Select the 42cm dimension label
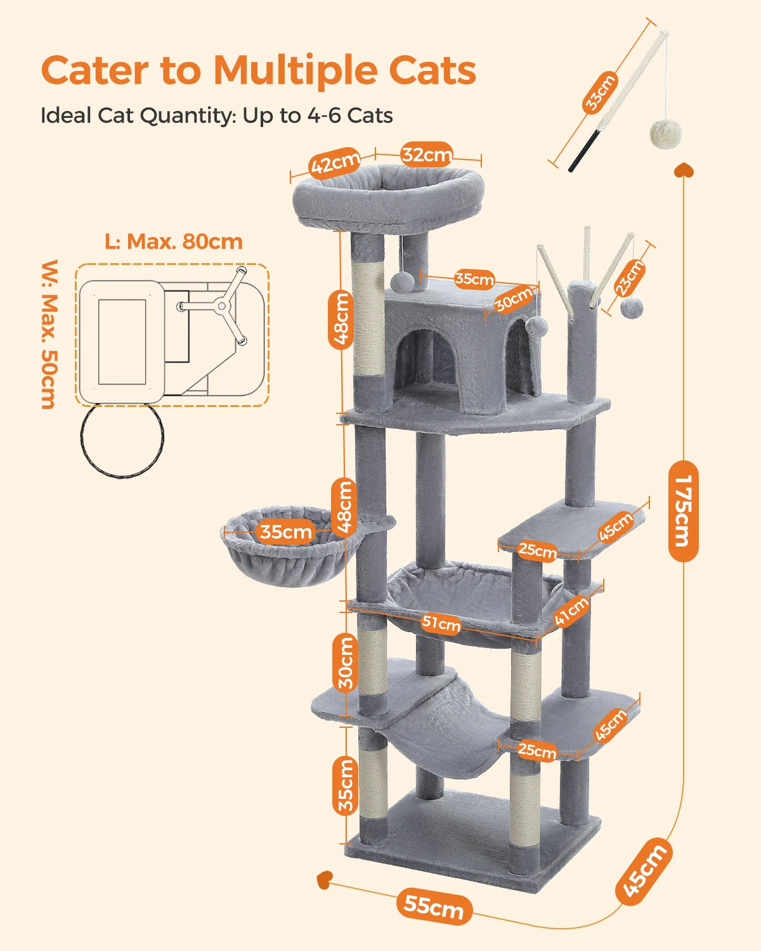[x=335, y=164]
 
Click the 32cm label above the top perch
[x=426, y=154]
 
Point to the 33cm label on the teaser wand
[x=599, y=93]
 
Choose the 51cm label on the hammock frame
[x=441, y=624]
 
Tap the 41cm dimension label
[x=571, y=611]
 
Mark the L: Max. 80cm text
[x=173, y=242]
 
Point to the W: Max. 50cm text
[x=49, y=334]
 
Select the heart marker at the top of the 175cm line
[x=684, y=170]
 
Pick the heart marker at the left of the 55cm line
[x=324, y=879]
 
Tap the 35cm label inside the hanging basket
[x=286, y=531]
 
